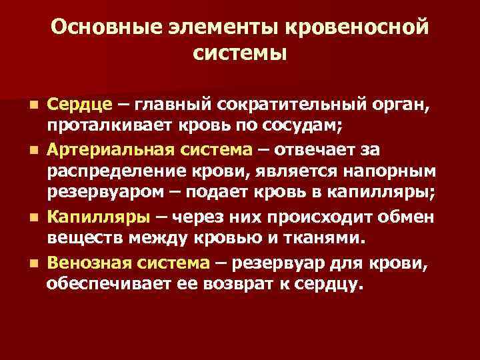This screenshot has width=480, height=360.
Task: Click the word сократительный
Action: click(281, 105)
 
